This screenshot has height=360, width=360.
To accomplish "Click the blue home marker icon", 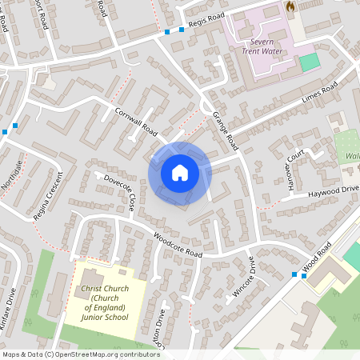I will coord(179,172).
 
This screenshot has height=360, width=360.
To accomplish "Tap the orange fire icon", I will coord(290,6).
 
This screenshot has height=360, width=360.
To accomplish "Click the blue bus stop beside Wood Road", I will coord(295,275).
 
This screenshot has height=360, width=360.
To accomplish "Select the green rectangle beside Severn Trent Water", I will coord(309,62).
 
